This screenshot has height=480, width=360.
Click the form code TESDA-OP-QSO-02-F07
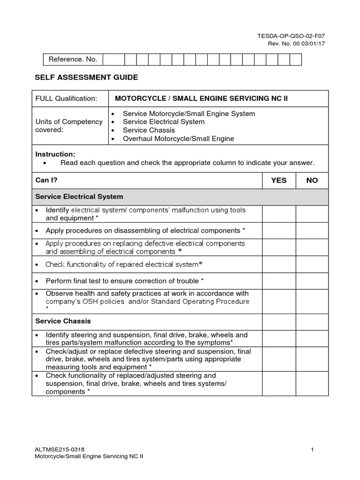[x=298, y=36]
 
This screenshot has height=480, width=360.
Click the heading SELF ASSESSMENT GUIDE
[x=87, y=77]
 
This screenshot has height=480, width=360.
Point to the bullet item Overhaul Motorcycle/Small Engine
[x=178, y=139]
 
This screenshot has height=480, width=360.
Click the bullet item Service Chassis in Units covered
[x=149, y=130]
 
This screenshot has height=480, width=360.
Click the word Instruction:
[x=55, y=154]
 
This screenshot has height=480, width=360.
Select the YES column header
[x=279, y=180]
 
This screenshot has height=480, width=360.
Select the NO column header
[x=312, y=180]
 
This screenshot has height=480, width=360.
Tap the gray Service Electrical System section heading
[x=80, y=197]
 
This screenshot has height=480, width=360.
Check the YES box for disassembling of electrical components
[x=279, y=231]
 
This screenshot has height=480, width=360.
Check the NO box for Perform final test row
[x=312, y=281]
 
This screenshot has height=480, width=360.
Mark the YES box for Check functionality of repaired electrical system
[x=279, y=264]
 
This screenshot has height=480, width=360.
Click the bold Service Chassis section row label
[x=63, y=322]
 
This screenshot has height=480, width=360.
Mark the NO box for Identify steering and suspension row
[x=312, y=339]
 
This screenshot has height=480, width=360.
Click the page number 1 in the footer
[x=312, y=450]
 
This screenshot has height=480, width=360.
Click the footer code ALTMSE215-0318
[x=60, y=450]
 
